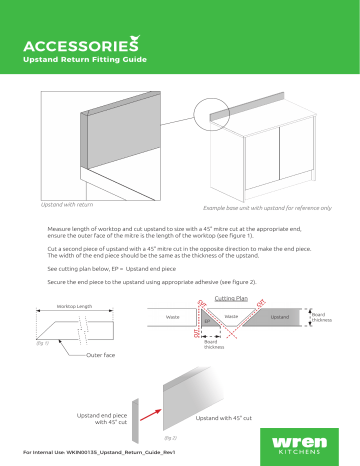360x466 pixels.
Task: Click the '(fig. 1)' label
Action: (41, 343)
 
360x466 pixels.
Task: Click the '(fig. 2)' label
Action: (168, 437)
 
